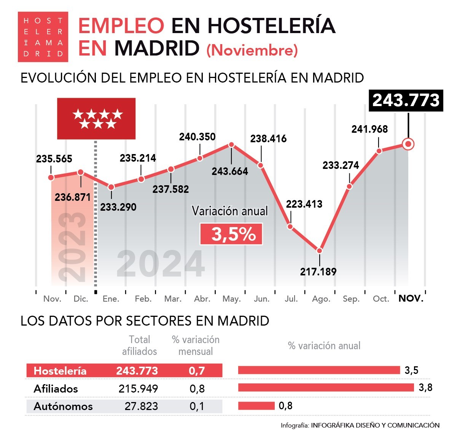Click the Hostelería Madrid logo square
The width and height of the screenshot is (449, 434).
43,37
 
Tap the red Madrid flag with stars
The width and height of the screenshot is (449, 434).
96,119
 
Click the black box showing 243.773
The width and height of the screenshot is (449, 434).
406,100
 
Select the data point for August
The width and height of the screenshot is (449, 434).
320,251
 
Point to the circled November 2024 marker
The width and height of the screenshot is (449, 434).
408,144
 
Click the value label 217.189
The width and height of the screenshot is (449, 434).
318,272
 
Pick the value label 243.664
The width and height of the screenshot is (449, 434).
230,171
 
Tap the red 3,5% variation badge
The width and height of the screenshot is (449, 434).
231,234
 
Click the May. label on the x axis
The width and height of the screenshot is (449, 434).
231,299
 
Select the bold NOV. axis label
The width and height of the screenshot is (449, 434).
411,299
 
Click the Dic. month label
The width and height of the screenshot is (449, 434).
81,299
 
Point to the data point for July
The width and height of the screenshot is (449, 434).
290,227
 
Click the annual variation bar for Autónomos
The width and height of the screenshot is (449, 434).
256,406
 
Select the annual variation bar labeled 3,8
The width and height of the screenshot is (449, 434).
326,388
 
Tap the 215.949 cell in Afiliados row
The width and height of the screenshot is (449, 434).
138,388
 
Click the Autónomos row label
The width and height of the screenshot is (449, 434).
63,406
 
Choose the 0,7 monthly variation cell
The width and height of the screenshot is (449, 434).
197,370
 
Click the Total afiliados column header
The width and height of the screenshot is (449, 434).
139,345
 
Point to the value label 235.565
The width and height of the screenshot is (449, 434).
54,159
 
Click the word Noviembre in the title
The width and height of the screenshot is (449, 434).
252,50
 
